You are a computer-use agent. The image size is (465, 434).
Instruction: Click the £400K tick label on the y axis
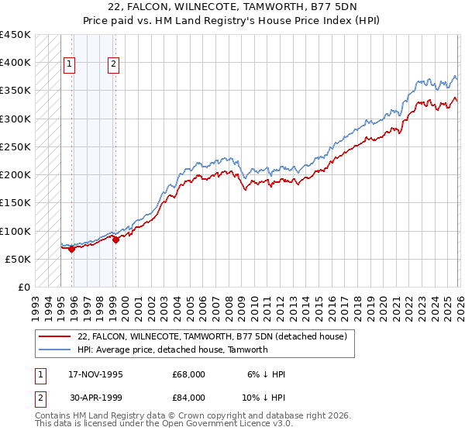15,63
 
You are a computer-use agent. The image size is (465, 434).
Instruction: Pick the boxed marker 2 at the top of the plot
114,65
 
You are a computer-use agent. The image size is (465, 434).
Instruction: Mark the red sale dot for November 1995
71,249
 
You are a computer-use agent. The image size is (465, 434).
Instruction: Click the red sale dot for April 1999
115,239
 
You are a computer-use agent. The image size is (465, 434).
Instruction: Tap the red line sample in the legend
54,336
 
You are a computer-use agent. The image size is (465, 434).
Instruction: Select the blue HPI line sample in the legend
54,350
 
